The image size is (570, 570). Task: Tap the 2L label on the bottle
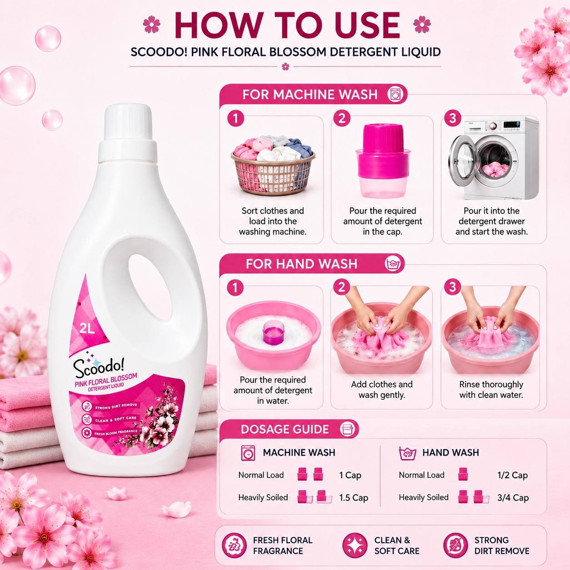87,328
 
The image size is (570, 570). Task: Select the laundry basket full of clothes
272,165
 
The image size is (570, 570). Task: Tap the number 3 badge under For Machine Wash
453,118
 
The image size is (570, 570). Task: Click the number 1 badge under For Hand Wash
235,287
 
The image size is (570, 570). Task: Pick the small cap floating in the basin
274,333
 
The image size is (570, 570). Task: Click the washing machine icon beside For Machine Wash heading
395,95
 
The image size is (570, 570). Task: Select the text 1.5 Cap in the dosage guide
354,498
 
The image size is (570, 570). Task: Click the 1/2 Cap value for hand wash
512,475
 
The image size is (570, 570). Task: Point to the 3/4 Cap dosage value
513,498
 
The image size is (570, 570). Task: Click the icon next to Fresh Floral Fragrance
234,545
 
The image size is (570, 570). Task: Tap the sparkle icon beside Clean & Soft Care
355,545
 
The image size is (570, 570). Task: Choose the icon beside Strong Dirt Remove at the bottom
455,545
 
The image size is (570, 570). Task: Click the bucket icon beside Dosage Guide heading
347,429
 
